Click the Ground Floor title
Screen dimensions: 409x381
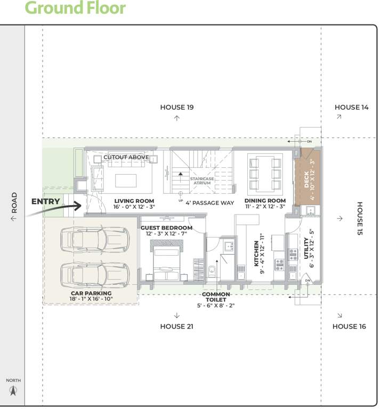pyautogui.click(x=75, y=9)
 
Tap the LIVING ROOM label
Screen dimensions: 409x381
pyautogui.click(x=134, y=201)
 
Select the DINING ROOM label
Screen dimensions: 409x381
pyautogui.click(x=265, y=201)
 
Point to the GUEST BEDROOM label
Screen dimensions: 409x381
pyautogui.click(x=166, y=228)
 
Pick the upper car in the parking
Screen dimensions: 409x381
pyautogui.click(x=95, y=240)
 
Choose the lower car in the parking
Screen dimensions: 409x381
pyautogui.click(x=95, y=273)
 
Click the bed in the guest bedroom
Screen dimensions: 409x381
pyautogui.click(x=167, y=259)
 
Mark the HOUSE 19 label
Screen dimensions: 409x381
pyautogui.click(x=177, y=108)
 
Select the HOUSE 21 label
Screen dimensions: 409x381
pyautogui.click(x=176, y=326)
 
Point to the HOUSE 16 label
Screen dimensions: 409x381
pyautogui.click(x=349, y=326)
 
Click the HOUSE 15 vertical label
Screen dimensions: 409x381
pyautogui.click(x=360, y=218)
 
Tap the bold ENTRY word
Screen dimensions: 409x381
pyautogui.click(x=46, y=201)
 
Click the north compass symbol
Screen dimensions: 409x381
pyautogui.click(x=14, y=391)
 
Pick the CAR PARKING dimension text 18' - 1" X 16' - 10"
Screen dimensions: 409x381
pyautogui.click(x=91, y=299)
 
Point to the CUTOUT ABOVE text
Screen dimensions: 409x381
pyautogui.click(x=126, y=158)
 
